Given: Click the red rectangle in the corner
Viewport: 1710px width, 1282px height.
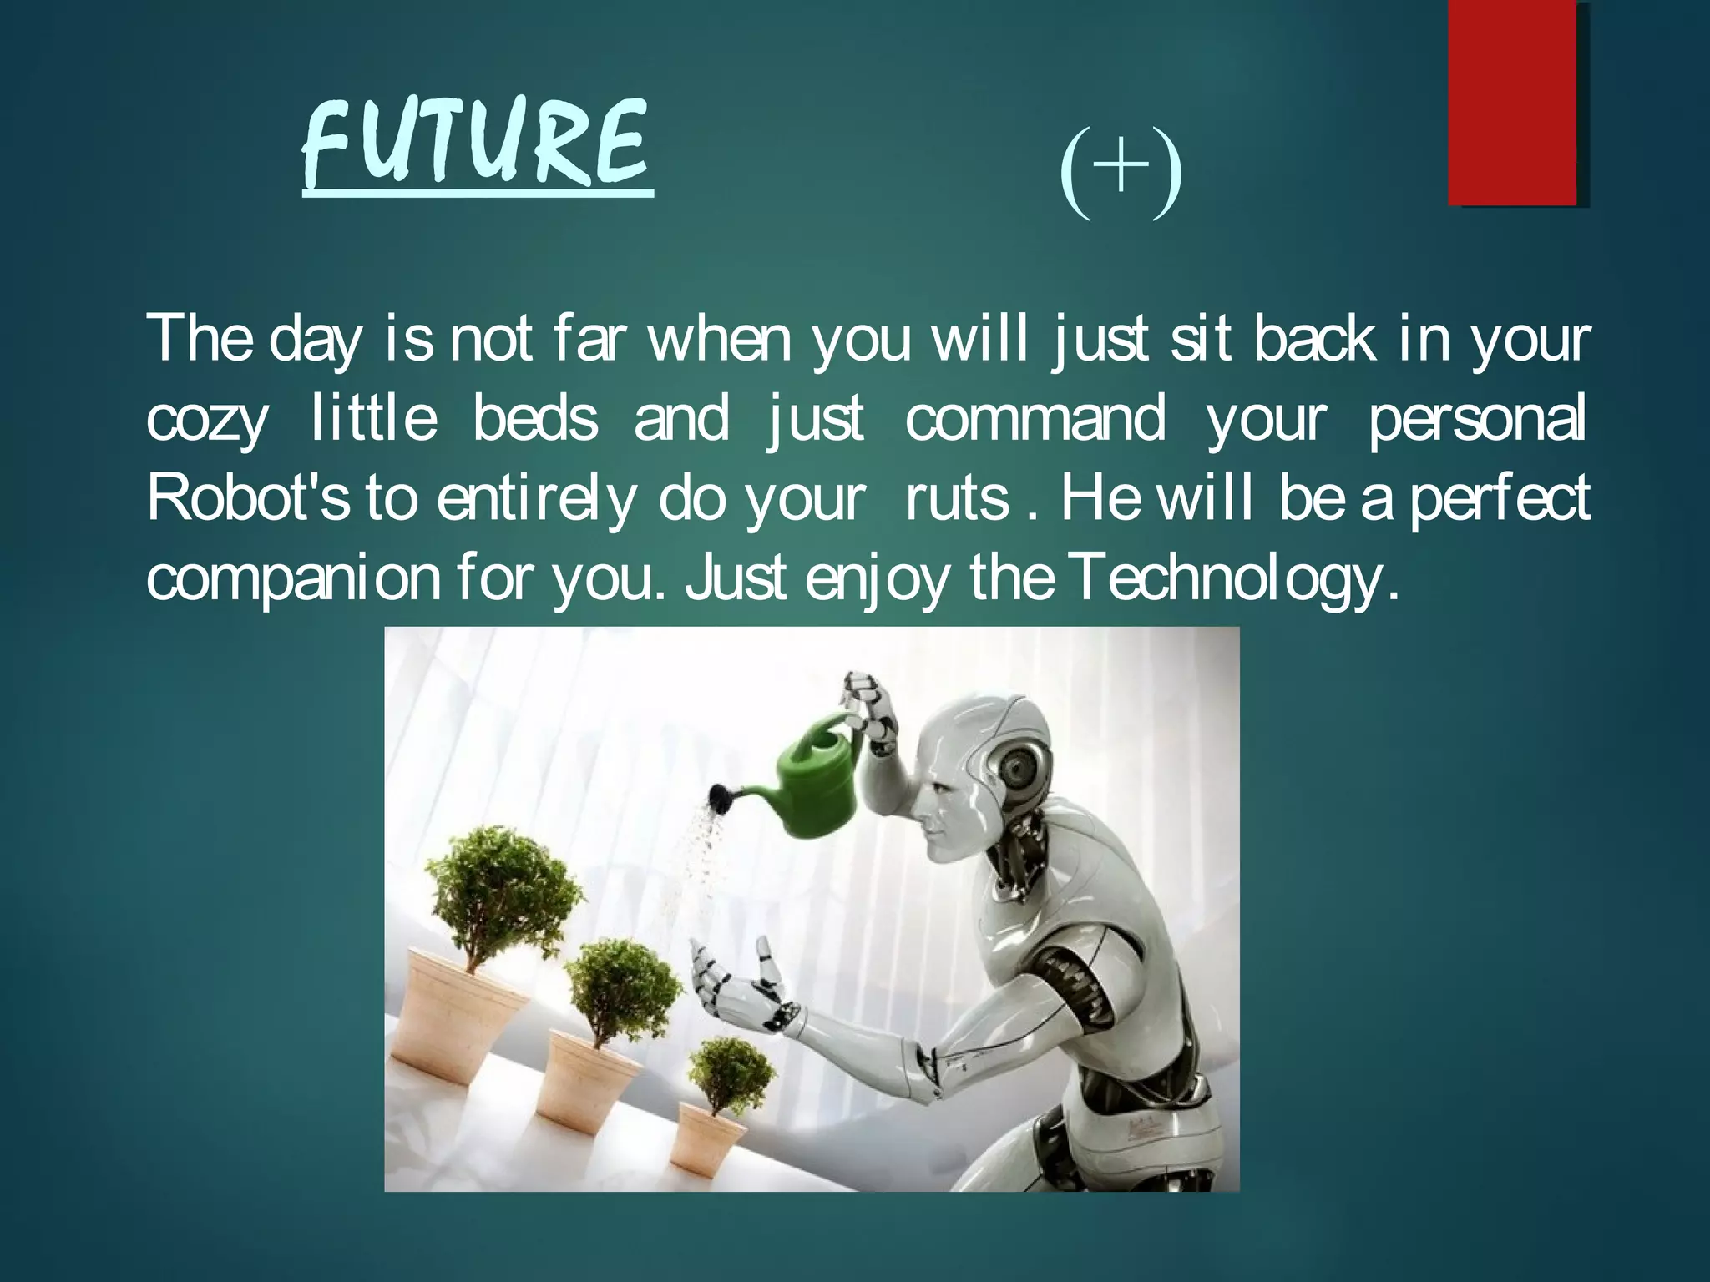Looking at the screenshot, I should coord(1512,103).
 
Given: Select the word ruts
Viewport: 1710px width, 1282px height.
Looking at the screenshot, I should coord(958,499).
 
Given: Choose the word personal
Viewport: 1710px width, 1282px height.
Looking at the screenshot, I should coord(1476,420).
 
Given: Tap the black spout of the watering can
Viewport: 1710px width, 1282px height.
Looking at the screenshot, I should coord(719,800).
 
